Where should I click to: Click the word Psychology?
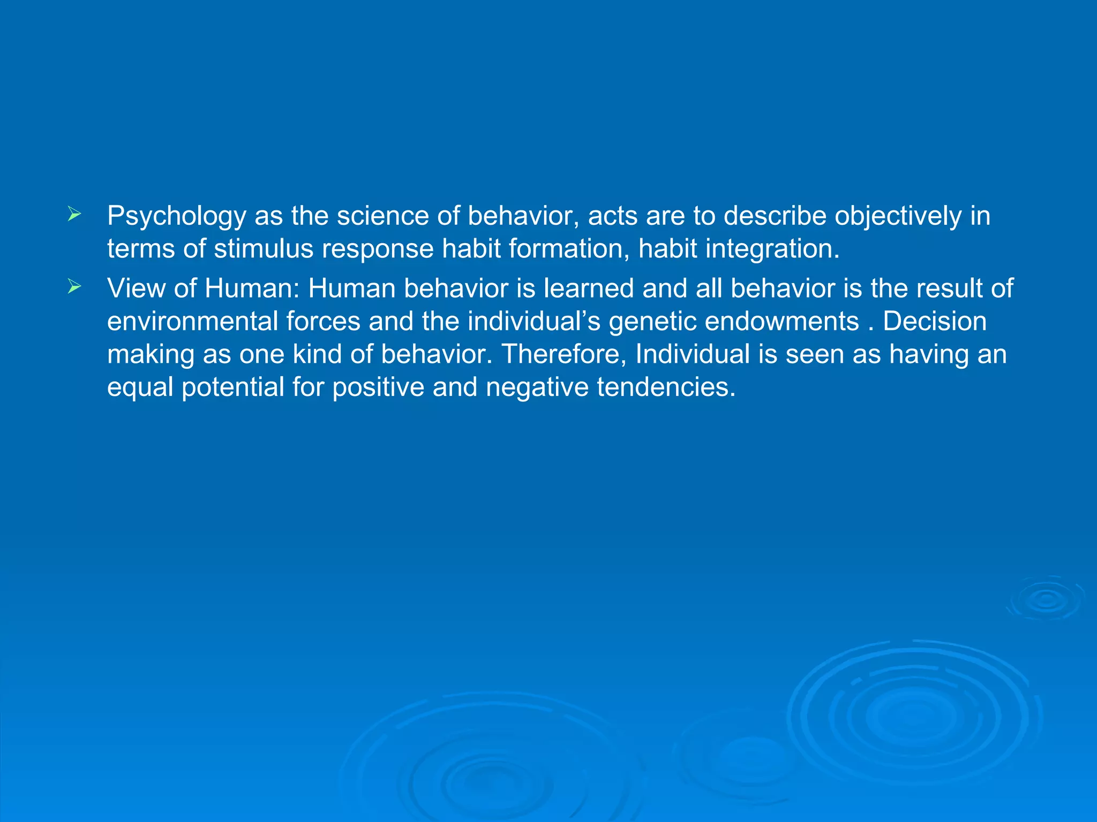(176, 217)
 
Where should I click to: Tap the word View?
(136, 288)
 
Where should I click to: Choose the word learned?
(589, 288)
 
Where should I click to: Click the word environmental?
(192, 321)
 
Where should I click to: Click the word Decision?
(934, 321)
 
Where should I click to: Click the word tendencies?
(666, 387)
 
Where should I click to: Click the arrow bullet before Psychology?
(74, 215)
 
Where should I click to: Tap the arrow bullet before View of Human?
(74, 287)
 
